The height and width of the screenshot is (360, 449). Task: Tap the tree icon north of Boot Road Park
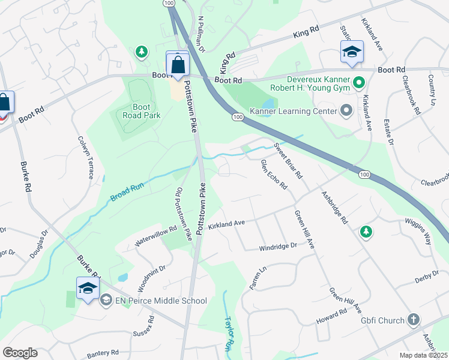(x=142, y=53)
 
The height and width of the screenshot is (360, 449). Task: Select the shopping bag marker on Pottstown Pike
(x=178, y=64)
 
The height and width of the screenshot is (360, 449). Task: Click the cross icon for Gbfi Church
(x=414, y=320)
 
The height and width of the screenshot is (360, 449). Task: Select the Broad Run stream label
(x=127, y=193)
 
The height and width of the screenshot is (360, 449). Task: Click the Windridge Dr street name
(x=278, y=246)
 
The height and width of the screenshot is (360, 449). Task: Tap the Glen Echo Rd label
(x=273, y=174)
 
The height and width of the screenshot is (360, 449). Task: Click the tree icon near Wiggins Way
(x=365, y=232)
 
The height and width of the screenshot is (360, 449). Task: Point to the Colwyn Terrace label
(x=84, y=157)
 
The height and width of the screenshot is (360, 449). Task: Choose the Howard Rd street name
(x=332, y=316)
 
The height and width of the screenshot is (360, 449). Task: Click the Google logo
(x=20, y=353)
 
